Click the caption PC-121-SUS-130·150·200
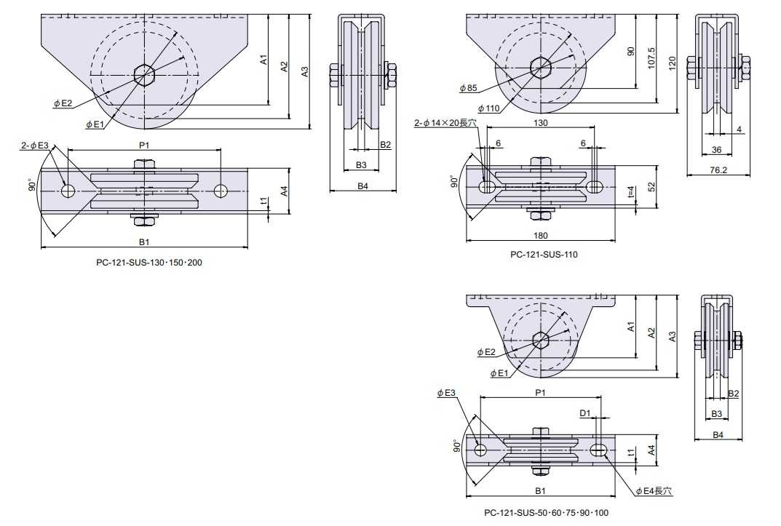tap(149, 262)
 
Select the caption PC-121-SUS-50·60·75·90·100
tap(546, 513)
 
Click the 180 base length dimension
tap(540, 235)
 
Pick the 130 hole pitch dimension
tap(541, 123)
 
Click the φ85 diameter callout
tap(468, 88)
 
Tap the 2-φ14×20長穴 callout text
tap(445, 124)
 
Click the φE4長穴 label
tap(653, 491)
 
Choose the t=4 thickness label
tap(631, 193)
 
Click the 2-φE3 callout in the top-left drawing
tap(34, 146)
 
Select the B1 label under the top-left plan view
tap(144, 242)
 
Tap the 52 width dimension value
tap(652, 186)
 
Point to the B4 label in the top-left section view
tap(362, 186)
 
